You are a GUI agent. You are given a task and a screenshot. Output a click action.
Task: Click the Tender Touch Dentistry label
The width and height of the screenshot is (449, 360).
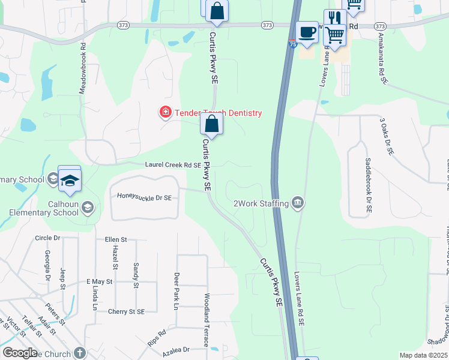tap(218, 113)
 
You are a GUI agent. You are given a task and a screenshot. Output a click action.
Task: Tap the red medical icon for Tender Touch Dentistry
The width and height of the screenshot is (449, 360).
tap(164, 112)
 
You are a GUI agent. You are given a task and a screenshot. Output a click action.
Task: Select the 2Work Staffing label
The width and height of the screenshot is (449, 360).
tap(261, 203)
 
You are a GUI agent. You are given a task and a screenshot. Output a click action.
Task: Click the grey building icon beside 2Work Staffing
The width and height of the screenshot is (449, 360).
tap(298, 203)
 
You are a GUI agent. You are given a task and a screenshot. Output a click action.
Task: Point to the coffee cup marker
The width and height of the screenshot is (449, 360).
tap(307, 32)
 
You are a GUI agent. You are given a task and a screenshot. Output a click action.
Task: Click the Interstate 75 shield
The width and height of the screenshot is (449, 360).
tap(292, 43)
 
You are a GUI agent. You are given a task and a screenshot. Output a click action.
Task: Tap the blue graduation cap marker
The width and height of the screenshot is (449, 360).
tap(70, 179)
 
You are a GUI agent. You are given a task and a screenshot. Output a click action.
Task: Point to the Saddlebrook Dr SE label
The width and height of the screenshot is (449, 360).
tap(368, 187)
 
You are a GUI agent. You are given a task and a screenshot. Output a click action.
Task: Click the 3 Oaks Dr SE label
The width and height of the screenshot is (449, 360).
tap(386, 137)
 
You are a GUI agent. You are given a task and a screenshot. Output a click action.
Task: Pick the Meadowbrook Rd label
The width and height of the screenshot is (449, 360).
tap(83, 67)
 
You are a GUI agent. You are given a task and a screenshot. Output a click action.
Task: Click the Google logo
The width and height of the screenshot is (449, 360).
tap(20, 353)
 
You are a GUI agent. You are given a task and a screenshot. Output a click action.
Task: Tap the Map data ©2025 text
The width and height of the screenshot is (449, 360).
tap(423, 355)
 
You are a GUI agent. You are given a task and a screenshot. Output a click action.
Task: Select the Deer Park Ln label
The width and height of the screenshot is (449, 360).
tap(176, 292)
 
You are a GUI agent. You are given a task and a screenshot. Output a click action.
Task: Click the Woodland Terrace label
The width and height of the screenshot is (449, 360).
tap(206, 320)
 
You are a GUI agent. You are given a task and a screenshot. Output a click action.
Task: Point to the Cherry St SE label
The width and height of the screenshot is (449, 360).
tap(127, 311)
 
